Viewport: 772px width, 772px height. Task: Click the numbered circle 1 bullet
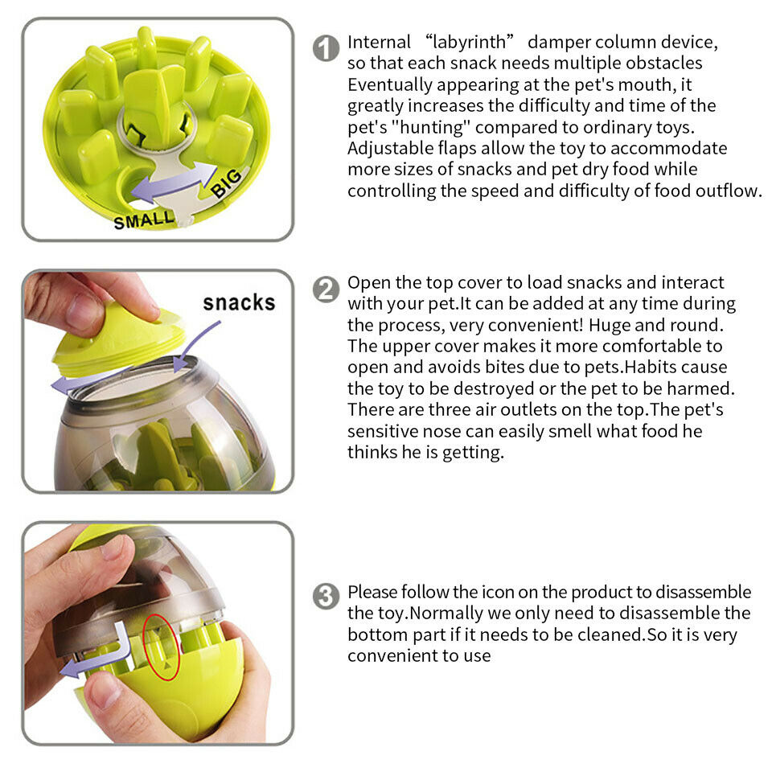[x=326, y=48]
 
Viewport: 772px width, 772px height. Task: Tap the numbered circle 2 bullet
[x=326, y=289]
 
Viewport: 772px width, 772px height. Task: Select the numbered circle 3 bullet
[x=326, y=597]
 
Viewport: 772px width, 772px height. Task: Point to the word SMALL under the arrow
[x=143, y=219]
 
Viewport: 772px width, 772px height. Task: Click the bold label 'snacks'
[x=239, y=302]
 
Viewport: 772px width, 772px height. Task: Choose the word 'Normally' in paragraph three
[x=448, y=614]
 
